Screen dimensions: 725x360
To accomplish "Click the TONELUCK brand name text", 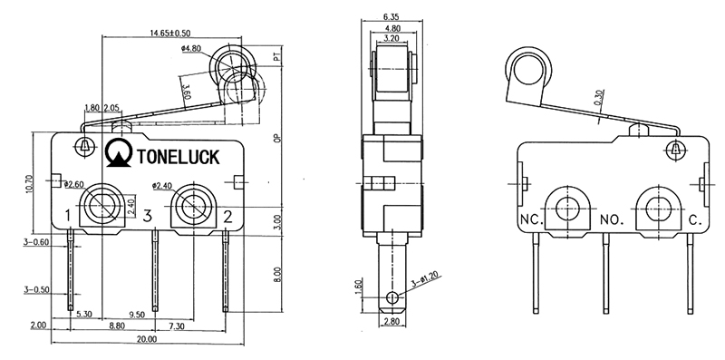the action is tap(178, 157).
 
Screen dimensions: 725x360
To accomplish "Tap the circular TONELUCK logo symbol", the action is tap(119, 153).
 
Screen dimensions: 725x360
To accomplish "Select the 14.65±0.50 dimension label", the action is tap(170, 34).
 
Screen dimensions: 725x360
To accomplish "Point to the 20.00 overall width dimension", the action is tap(147, 339).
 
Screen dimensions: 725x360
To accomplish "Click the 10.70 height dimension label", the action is tap(30, 184).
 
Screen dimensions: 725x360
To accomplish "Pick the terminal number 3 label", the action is tap(147, 216).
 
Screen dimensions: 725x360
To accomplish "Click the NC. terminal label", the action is tap(532, 219).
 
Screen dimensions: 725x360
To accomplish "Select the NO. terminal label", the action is tap(612, 219).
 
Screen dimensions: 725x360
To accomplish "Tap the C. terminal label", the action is tap(696, 219).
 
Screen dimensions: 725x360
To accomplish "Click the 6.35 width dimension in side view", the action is tap(391, 17).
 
